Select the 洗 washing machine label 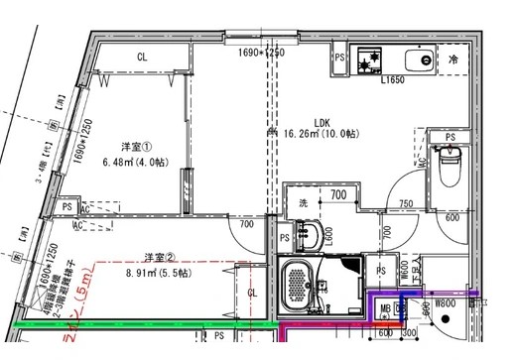(x=305, y=203)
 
